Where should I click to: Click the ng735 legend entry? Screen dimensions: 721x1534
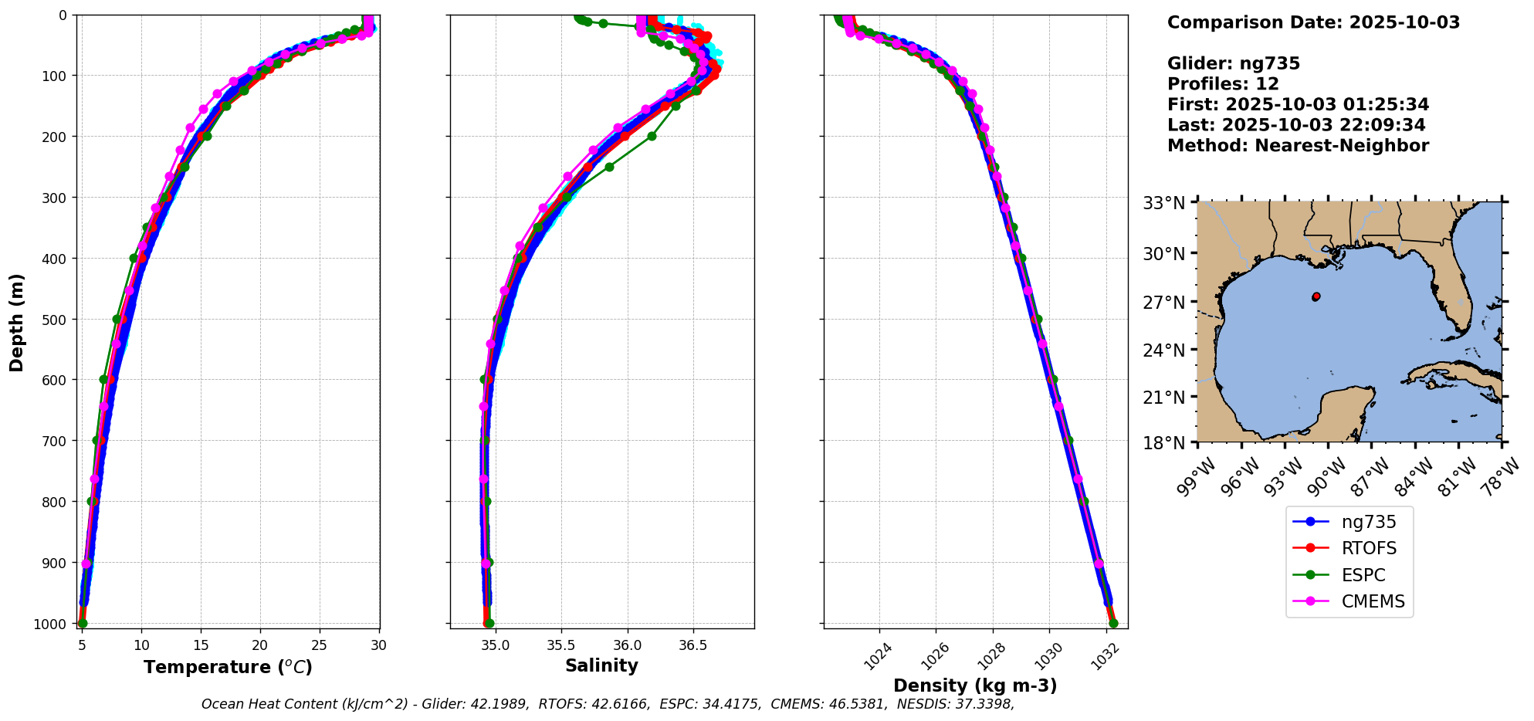coord(1368,522)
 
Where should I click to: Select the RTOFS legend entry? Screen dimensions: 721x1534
coord(1368,549)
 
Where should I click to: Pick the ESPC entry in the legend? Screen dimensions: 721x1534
coord(1363,575)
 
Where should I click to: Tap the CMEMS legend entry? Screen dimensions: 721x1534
coord(1373,602)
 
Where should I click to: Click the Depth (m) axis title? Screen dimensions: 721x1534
coord(16,323)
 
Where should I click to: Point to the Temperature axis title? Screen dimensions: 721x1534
coord(228,667)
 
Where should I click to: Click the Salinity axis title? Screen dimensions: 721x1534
coord(601,666)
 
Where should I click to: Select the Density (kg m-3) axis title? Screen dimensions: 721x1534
coord(975,685)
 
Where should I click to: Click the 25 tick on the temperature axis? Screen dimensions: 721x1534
coord(320,645)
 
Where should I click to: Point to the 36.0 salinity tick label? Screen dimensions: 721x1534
coord(627,645)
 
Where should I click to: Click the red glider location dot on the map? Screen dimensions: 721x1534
coord(1316,296)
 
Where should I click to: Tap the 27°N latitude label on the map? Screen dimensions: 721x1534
coord(1163,303)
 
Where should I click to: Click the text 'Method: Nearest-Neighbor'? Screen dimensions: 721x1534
coord(1298,146)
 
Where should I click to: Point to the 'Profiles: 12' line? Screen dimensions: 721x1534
coord(1223,84)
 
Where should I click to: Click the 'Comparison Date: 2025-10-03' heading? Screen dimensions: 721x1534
coord(1313,22)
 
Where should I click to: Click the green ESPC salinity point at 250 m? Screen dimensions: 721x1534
coord(609,167)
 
